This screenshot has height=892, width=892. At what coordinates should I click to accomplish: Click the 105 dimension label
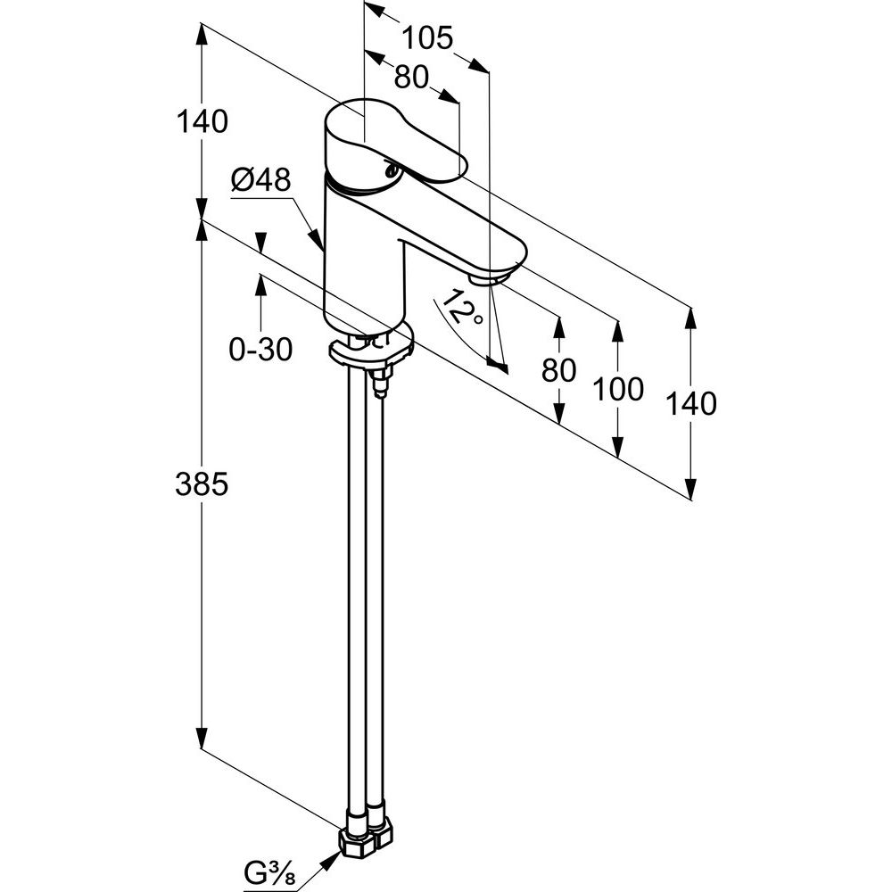click(x=427, y=38)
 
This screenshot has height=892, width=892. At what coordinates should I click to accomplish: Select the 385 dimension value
click(x=202, y=484)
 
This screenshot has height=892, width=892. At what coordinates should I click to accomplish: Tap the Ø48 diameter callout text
click(x=261, y=180)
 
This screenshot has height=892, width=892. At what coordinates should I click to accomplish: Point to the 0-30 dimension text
click(x=260, y=349)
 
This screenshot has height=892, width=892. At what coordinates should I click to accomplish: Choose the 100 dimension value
click(x=618, y=389)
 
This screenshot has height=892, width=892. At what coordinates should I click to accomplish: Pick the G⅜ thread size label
click(x=269, y=871)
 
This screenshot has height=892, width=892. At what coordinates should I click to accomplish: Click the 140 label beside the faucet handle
click(x=202, y=121)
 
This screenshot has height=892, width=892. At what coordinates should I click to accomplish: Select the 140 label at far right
click(x=690, y=403)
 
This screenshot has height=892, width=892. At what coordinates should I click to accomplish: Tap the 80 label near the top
click(x=411, y=77)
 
